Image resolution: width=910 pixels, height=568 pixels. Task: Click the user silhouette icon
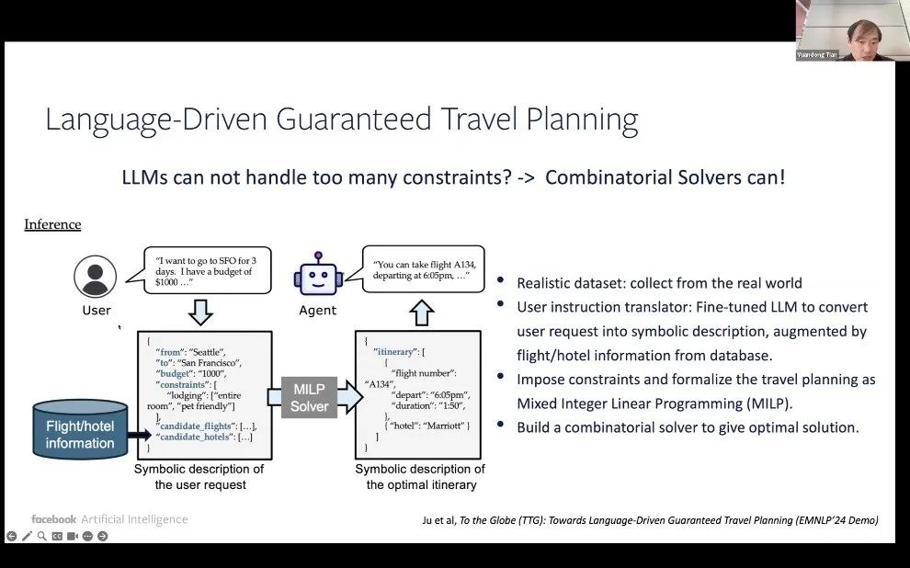(96, 276)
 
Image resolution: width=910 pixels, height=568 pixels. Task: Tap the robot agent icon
(317, 275)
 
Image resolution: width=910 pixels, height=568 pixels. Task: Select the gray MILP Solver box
(309, 398)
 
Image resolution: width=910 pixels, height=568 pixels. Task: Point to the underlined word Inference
(52, 224)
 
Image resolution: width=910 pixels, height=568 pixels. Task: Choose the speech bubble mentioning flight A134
(425, 269)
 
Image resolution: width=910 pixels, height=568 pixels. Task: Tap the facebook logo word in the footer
(53, 519)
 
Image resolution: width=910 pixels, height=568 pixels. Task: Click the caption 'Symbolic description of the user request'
(199, 476)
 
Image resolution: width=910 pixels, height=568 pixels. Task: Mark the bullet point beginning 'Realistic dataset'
(659, 283)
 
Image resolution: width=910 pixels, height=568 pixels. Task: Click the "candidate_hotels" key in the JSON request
(195, 437)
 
